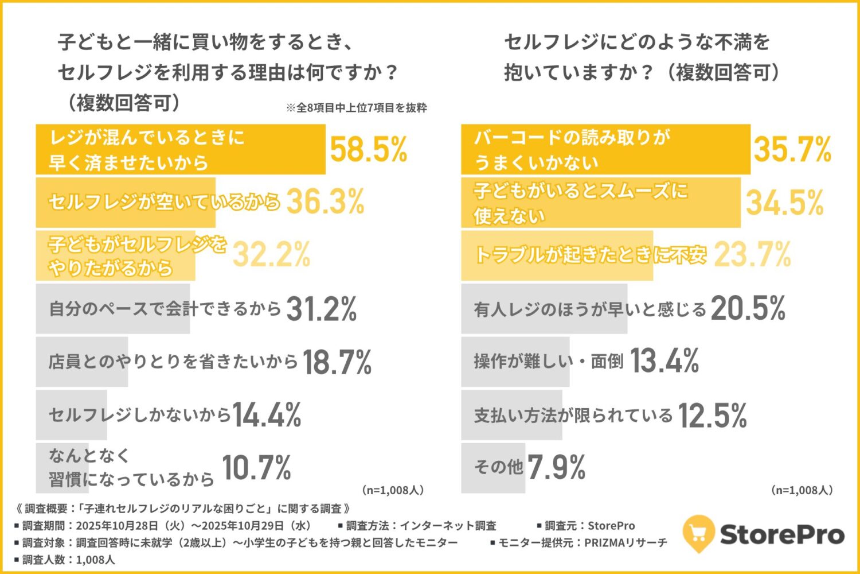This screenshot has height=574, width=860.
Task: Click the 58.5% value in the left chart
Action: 368,150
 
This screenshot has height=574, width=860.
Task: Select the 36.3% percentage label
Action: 325,202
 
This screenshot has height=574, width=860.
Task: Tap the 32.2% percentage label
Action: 271,255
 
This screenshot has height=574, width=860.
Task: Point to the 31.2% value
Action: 321,309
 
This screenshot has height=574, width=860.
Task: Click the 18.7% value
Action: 337,362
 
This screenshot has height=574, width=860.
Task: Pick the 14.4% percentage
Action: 267,415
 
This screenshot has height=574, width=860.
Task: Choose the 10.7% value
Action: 256,468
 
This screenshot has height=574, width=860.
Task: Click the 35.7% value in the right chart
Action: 792,150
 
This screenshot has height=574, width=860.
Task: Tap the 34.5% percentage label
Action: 784,203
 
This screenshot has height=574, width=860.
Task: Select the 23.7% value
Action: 752,255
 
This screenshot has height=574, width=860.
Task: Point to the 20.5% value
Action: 748,309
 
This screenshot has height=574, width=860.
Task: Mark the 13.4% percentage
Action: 664,361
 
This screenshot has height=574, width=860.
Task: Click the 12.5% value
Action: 712,415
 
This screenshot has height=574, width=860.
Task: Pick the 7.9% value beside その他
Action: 556,468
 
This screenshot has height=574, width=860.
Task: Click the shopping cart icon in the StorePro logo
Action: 698,534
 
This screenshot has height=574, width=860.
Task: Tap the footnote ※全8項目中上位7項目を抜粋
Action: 356,108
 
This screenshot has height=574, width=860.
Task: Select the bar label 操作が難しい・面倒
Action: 548,361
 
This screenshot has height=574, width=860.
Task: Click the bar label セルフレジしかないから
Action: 139,415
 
